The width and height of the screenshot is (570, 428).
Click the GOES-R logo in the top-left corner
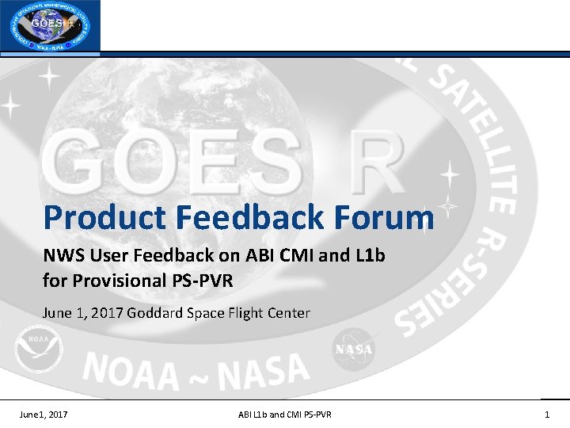[x=51, y=26]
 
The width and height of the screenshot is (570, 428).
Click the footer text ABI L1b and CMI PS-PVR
[x=285, y=415]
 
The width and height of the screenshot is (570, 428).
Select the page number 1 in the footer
[x=547, y=415]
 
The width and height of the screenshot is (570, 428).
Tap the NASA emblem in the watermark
[x=353, y=350]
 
